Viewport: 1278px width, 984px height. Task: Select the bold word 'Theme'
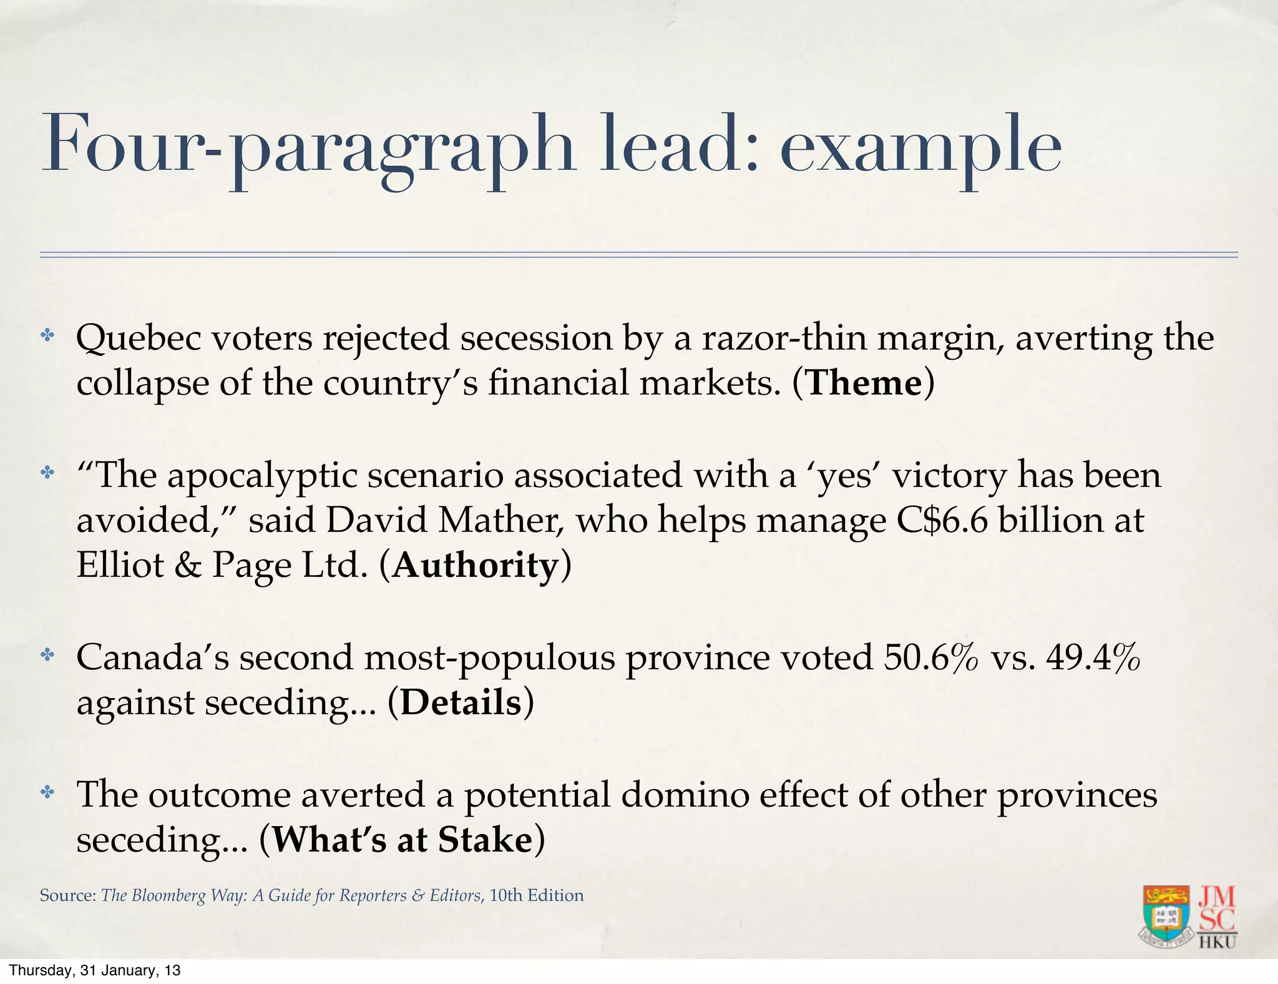click(864, 383)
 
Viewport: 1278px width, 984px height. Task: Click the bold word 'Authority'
click(476, 566)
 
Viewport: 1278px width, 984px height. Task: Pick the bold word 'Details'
click(461, 703)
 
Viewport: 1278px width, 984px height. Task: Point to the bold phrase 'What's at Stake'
click(402, 840)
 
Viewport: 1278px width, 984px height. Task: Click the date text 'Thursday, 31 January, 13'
click(94, 970)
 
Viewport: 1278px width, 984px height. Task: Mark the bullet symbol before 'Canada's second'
click(47, 655)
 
